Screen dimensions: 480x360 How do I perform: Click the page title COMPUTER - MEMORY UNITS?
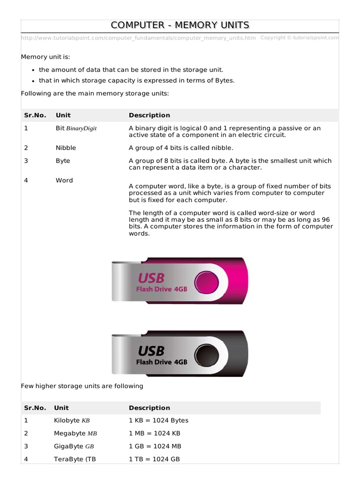[x=180, y=25]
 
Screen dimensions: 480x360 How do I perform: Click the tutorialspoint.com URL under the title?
[x=138, y=38]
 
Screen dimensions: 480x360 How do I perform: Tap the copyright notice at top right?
[x=299, y=37]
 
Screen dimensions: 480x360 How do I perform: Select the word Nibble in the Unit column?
[x=66, y=148]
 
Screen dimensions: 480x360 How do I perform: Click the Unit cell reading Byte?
[x=63, y=160]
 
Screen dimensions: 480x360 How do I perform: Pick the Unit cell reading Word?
[x=64, y=180]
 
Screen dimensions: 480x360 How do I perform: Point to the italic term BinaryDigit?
[x=82, y=128]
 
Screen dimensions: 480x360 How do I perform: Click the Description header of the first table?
[x=150, y=115]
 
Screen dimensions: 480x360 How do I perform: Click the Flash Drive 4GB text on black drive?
[x=162, y=362]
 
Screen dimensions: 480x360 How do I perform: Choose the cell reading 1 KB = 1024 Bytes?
[x=158, y=420]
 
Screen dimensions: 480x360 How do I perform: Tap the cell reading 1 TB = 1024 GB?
[x=154, y=459]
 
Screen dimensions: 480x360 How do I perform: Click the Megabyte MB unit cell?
[x=75, y=434]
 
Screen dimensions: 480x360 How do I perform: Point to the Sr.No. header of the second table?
[x=35, y=408]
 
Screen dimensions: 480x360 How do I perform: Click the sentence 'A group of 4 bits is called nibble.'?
[x=181, y=148]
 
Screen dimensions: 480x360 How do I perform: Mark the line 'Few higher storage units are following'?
[x=82, y=386]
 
